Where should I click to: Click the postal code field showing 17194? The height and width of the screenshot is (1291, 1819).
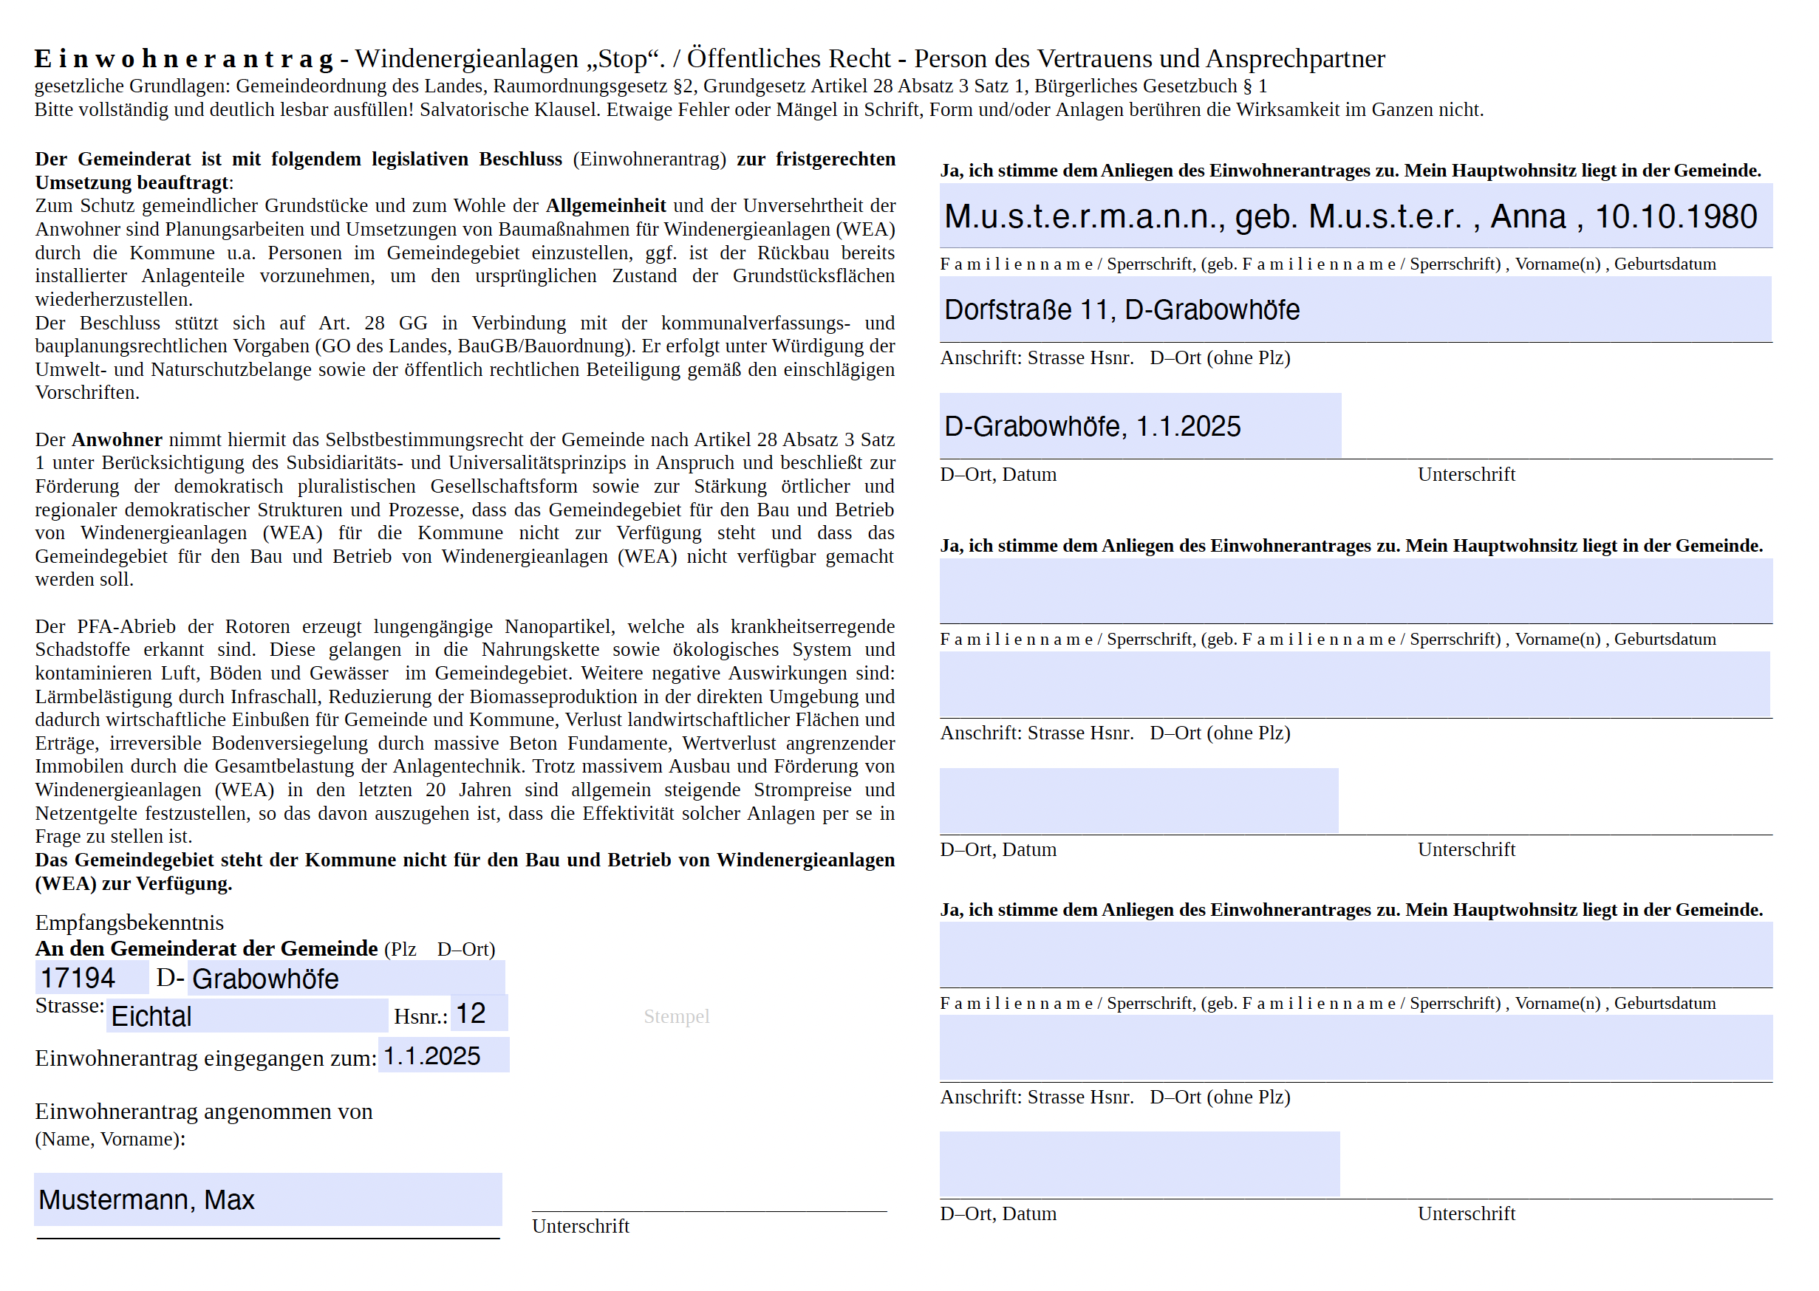click(91, 978)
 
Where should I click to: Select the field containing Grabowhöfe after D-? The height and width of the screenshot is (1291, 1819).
click(345, 979)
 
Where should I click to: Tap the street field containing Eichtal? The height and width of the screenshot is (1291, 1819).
click(247, 1016)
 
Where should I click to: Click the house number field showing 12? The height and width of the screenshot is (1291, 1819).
click(479, 1013)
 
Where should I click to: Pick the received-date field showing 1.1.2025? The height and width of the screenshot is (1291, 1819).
click(443, 1055)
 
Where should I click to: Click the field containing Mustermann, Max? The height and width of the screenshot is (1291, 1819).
click(267, 1199)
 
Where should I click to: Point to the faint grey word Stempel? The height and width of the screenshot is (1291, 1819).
click(676, 1017)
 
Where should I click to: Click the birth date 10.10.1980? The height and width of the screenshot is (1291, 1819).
click(1676, 217)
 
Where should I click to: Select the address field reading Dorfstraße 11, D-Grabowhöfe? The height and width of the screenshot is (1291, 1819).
click(1355, 309)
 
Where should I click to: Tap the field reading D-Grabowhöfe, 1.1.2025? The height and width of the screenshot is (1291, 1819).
click(1139, 426)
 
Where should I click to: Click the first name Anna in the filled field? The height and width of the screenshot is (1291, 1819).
click(1527, 217)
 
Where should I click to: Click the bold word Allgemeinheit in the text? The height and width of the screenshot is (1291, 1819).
click(605, 206)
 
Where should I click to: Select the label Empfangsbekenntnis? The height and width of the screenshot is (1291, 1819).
click(129, 923)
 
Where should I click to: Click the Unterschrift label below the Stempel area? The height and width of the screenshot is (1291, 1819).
click(581, 1227)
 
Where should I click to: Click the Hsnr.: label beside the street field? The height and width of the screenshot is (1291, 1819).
click(420, 1017)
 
